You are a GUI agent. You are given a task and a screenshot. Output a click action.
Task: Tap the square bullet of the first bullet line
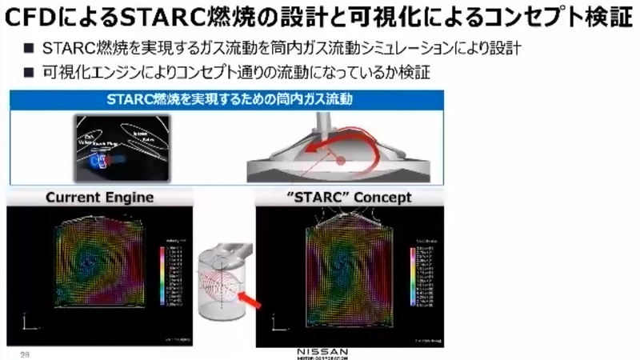[28, 50]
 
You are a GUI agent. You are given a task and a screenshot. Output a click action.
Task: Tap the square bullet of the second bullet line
[28, 73]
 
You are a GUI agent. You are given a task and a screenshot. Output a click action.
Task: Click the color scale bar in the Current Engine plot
[163, 276]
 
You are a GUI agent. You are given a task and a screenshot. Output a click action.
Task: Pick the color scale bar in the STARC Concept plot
[414, 276]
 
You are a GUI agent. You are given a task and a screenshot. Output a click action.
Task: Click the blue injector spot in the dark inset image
[99, 162]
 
